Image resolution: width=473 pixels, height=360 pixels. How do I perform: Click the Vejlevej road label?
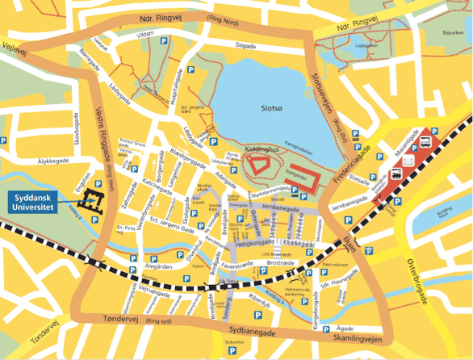[15, 48]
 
